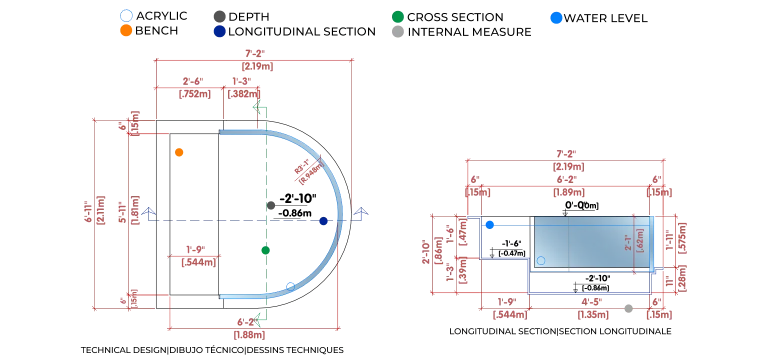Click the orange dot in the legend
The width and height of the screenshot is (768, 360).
pyautogui.click(x=126, y=30)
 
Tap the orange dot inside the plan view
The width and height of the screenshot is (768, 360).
pyautogui.click(x=179, y=152)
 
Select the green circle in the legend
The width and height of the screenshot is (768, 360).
pyautogui.click(x=398, y=16)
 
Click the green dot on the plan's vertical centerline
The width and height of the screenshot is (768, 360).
pyautogui.click(x=265, y=250)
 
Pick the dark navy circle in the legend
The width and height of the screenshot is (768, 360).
pyautogui.click(x=219, y=31)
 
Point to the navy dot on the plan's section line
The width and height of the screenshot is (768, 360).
pyautogui.click(x=323, y=221)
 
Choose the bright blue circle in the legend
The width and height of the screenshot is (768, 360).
pyautogui.click(x=555, y=17)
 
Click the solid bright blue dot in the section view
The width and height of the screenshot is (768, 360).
pyautogui.click(x=489, y=225)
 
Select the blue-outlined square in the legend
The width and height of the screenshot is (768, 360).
pyautogui.click(x=126, y=15)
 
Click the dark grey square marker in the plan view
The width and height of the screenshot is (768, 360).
pyautogui.click(x=271, y=205)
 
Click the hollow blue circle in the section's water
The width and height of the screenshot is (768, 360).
pyautogui.click(x=540, y=260)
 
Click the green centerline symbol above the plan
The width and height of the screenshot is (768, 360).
pyautogui.click(x=260, y=108)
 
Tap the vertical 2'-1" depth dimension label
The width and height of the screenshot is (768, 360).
pyautogui.click(x=629, y=240)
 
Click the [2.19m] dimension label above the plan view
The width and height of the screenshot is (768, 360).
pyautogui.click(x=257, y=66)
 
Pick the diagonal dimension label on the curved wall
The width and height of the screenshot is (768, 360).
pyautogui.click(x=306, y=169)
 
